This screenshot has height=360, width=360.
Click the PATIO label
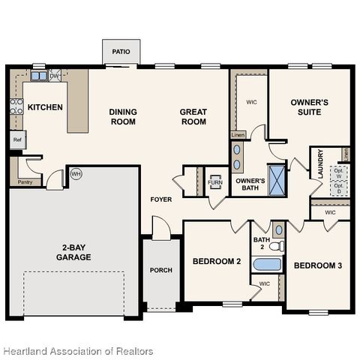point(121,52)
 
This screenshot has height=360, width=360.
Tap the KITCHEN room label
point(45,107)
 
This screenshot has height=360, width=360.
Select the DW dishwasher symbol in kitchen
point(55,76)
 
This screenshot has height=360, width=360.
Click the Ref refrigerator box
point(16,139)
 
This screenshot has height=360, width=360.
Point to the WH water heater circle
point(75,174)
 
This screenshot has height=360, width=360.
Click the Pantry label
point(25,181)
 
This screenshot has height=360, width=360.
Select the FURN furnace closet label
point(215,182)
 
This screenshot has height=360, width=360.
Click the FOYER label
point(161,199)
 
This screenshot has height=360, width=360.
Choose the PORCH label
point(161,270)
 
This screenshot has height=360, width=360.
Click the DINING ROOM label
point(123,117)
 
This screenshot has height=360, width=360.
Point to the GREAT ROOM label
point(193,117)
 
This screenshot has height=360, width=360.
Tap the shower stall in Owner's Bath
point(277,178)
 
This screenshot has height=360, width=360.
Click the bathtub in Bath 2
point(266,264)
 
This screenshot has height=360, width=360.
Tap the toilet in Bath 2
point(276,245)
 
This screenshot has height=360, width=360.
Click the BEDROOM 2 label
point(217,262)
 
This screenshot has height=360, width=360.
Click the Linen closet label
point(237,135)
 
